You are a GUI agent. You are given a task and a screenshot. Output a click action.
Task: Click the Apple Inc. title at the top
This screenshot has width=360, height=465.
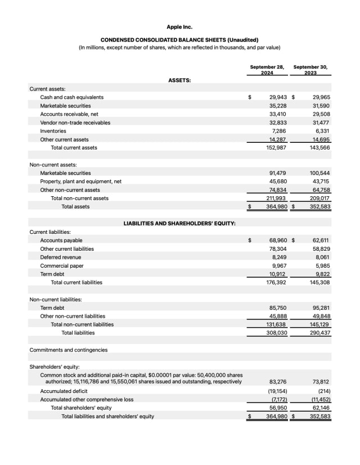click(x=179, y=26)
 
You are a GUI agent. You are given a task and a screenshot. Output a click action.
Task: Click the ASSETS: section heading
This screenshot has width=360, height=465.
click(x=179, y=80)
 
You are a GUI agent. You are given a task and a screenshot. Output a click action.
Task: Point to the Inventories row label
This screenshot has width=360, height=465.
click(x=53, y=131)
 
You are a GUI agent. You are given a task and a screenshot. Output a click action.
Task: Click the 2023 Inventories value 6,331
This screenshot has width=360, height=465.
click(x=321, y=131)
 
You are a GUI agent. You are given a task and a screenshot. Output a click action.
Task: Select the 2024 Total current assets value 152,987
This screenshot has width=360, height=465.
click(x=276, y=148)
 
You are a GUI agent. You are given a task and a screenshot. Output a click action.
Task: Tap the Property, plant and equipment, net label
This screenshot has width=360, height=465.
click(x=80, y=182)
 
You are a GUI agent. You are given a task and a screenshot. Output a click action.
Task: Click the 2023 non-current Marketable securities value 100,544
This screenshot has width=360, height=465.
click(x=319, y=173)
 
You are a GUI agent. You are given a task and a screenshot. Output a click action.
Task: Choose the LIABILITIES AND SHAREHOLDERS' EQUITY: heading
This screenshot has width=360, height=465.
click(x=179, y=223)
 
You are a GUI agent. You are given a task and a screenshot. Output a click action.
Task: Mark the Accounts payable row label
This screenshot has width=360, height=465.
click(x=61, y=240)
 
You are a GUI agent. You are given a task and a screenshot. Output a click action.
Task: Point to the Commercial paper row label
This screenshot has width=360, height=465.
click(x=61, y=265)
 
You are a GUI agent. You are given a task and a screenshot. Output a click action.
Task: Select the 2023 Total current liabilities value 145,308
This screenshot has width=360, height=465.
click(x=319, y=282)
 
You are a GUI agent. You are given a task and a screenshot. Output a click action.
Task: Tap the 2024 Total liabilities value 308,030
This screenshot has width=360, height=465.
click(x=276, y=333)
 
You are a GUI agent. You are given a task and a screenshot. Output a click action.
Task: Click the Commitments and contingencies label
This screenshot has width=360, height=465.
click(x=68, y=350)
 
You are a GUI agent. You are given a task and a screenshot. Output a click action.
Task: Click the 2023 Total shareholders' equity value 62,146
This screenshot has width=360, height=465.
click(x=321, y=408)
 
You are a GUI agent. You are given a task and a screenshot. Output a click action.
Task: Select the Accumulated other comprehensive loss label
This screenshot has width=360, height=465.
click(x=87, y=399)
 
